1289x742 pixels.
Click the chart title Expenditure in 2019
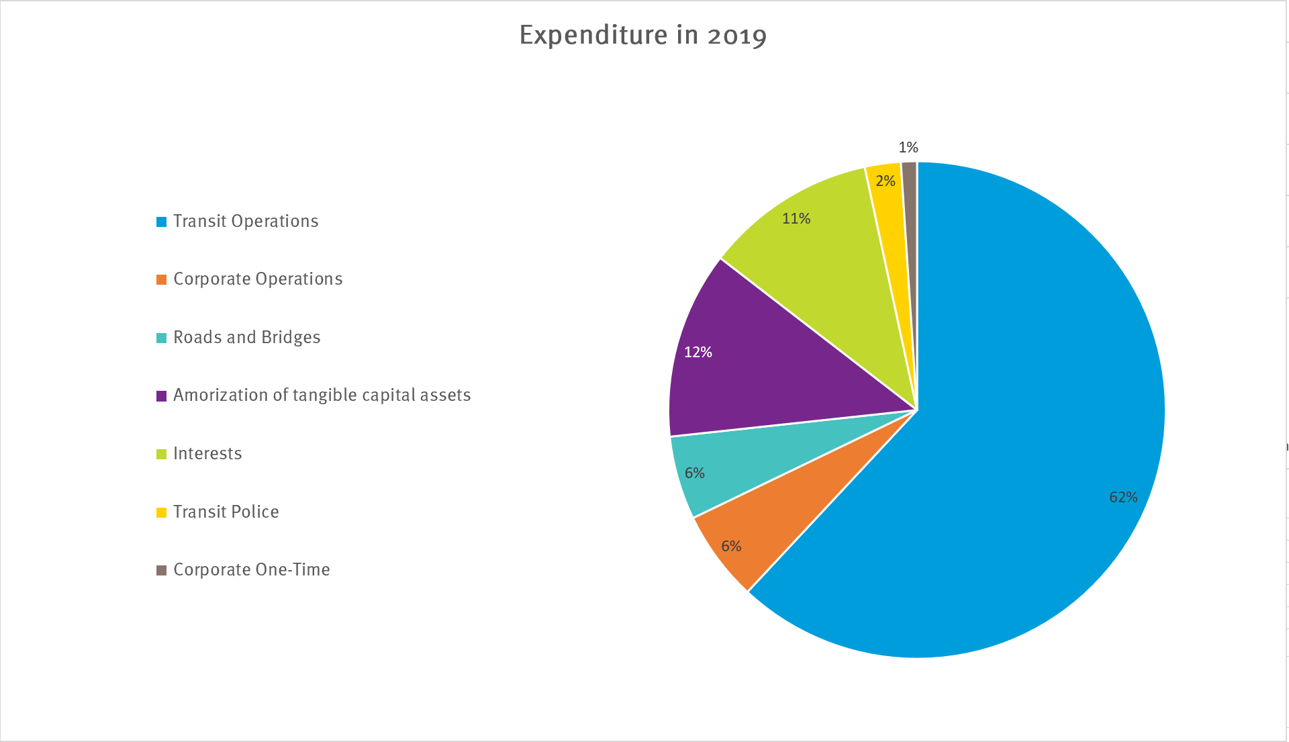[x=642, y=35]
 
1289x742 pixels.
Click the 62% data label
[x=1123, y=498]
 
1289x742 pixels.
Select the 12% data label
[x=698, y=353]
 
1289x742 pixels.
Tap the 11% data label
[x=796, y=219]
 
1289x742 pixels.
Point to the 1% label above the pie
[x=908, y=148]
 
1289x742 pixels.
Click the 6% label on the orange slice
[x=731, y=547]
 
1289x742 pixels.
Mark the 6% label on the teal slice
[x=695, y=473]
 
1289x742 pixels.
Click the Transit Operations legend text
[x=246, y=222]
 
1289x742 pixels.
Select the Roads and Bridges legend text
[x=247, y=337]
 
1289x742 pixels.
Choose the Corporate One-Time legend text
[x=252, y=570]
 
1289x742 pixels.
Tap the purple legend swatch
[x=161, y=396]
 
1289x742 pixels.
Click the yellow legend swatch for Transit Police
[x=161, y=512]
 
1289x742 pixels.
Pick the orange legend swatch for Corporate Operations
[x=161, y=279]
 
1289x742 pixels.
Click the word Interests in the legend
[x=207, y=454]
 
